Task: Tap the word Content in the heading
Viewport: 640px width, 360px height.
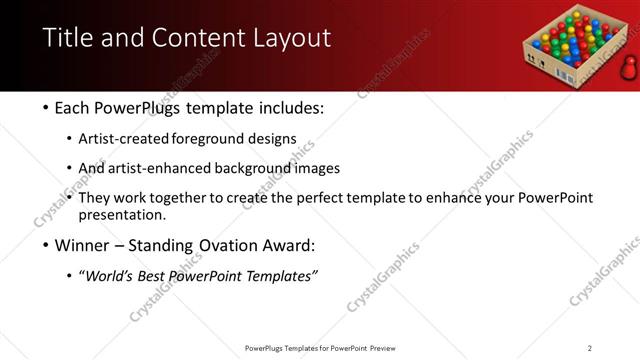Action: [x=198, y=38]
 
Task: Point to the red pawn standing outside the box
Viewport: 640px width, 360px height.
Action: [x=629, y=67]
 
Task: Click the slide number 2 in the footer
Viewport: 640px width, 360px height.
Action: [x=590, y=348]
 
